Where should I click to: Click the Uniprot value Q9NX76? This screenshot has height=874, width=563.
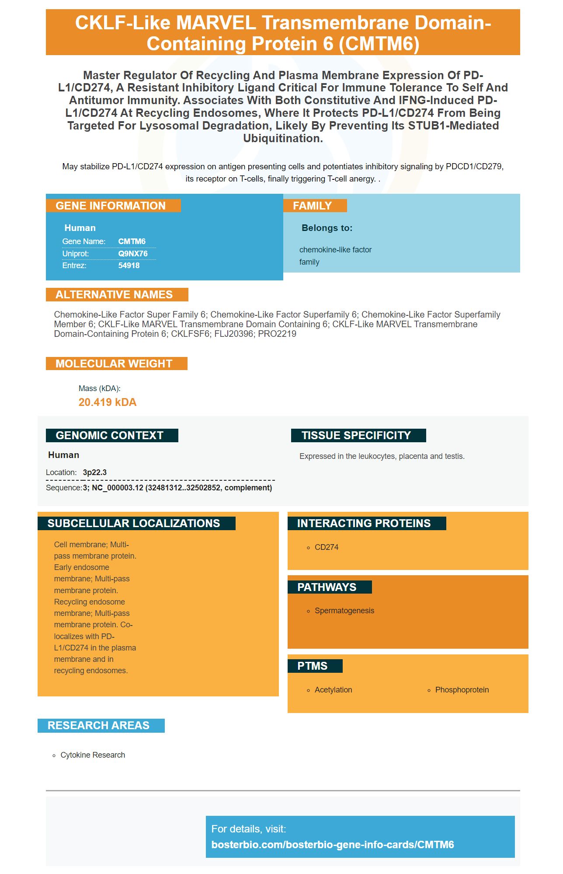coord(132,254)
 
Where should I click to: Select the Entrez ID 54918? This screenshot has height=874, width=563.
coord(129,266)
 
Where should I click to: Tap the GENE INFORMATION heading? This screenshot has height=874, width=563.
coord(111,206)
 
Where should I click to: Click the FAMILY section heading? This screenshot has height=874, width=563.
coord(312,206)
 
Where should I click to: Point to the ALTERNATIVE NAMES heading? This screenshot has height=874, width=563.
coord(114,295)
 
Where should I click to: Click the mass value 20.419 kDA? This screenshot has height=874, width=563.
coord(107,402)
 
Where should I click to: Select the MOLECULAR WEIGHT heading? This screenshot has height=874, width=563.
coord(114,364)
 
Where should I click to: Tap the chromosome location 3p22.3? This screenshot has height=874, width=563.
coord(94,472)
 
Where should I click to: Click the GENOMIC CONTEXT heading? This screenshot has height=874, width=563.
coord(109,436)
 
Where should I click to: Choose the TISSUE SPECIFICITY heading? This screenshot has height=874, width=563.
coord(356,436)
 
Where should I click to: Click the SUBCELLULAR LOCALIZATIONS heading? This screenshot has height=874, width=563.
coord(133,524)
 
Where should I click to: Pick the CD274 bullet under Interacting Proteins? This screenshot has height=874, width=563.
coord(326,547)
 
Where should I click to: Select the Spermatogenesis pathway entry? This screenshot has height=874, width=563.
coord(344,611)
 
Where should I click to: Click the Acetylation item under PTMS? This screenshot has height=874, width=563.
coord(333,690)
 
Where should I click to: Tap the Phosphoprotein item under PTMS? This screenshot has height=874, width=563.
coord(462,690)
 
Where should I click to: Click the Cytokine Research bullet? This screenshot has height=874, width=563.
coord(93,755)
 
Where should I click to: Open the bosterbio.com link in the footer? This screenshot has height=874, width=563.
coord(332,845)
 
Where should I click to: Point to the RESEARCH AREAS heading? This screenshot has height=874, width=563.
coord(98,726)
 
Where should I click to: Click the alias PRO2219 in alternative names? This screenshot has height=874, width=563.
coord(277,334)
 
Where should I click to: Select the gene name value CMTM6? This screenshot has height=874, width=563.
coord(132,241)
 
